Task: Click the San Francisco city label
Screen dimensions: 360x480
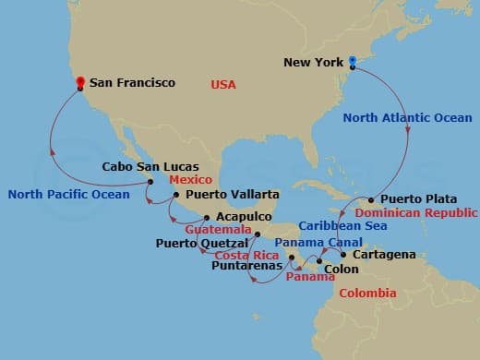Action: pyautogui.click(x=133, y=83)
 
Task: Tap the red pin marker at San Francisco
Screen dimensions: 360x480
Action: pyautogui.click(x=80, y=82)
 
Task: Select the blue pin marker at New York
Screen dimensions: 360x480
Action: pyautogui.click(x=352, y=63)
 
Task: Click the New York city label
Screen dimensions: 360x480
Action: pyautogui.click(x=315, y=64)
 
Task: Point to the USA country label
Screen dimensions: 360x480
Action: pyautogui.click(x=223, y=84)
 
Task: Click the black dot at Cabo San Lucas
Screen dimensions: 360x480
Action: pyautogui.click(x=150, y=182)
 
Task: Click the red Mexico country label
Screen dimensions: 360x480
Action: pyautogui.click(x=190, y=179)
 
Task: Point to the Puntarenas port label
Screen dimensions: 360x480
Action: pyautogui.click(x=245, y=266)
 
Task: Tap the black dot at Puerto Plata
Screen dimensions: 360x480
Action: pyautogui.click(x=371, y=200)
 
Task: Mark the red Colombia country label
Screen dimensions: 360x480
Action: pyautogui.click(x=368, y=293)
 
